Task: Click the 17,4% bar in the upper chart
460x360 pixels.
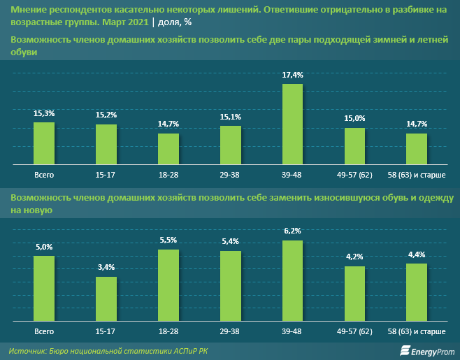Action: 292,123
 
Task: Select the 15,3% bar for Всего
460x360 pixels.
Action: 44,143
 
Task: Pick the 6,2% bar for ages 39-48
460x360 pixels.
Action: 292,280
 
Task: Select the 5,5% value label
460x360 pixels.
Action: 168,240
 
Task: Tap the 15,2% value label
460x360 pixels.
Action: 106,115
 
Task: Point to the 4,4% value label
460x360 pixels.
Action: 417,254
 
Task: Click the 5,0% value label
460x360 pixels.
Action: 44,247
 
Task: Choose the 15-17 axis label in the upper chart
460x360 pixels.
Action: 106,173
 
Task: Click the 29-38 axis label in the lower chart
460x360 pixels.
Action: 231,329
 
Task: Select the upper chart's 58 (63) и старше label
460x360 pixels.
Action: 417,173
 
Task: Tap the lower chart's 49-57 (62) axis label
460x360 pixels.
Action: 354,329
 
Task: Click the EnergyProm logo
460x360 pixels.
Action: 428,350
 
